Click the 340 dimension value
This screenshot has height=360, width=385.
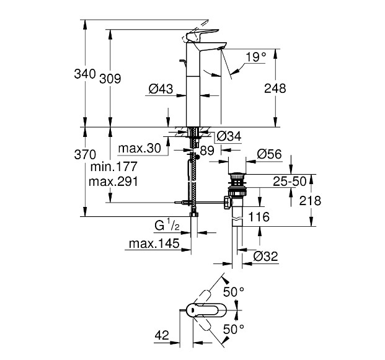84,74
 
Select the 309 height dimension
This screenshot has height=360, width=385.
109,79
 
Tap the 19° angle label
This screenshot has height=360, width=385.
255,57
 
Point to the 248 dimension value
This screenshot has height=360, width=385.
275,89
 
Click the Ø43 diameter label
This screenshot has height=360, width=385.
161,89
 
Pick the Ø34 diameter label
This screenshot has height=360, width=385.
229,136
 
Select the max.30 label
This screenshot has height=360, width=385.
140,149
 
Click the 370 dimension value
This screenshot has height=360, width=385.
84,154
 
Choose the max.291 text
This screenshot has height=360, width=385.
114,181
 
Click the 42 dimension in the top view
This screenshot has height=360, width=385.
162,335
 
